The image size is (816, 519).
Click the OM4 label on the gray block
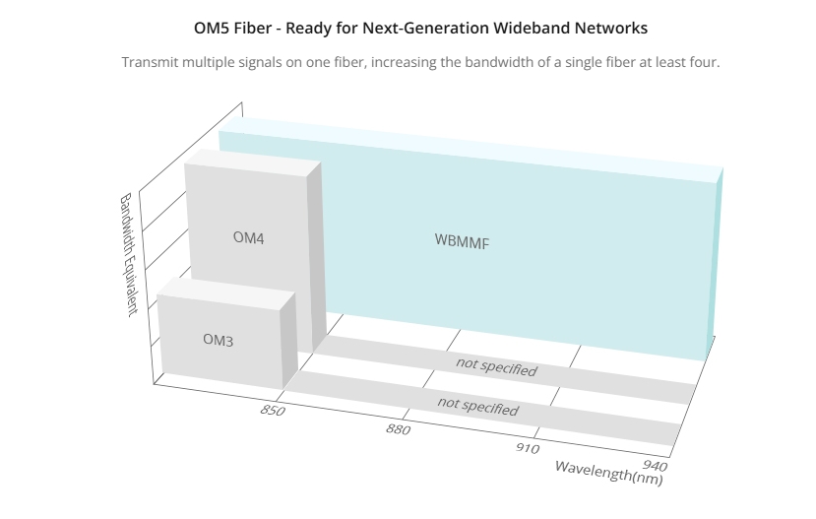248,238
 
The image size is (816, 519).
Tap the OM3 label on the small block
219,340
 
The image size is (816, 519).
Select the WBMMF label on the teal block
462,241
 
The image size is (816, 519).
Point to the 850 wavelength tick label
273,411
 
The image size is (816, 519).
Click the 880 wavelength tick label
398,429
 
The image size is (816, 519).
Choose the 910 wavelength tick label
528,448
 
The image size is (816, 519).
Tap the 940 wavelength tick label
656,465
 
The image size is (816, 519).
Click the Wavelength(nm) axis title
609,473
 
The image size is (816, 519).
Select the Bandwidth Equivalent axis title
129,254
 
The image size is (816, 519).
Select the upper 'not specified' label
496,367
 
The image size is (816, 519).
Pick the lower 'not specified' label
477,406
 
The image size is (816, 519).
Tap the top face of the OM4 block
253,159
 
